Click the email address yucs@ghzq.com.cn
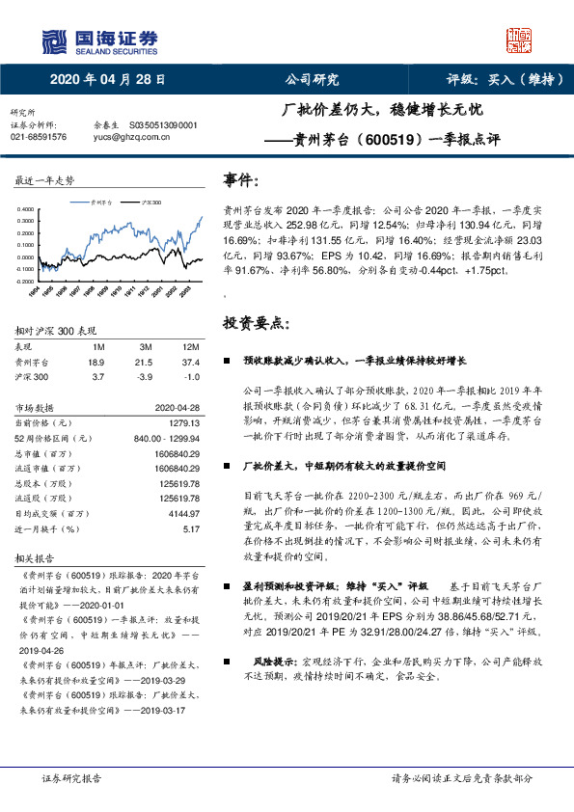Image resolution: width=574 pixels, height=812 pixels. (131, 137)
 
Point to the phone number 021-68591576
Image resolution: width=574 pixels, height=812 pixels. (39, 137)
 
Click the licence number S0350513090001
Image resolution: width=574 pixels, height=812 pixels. (162, 125)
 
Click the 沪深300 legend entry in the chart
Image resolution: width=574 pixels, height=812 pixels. (148, 203)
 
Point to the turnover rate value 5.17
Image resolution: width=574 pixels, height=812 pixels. (191, 528)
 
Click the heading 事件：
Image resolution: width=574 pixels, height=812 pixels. (241, 180)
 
